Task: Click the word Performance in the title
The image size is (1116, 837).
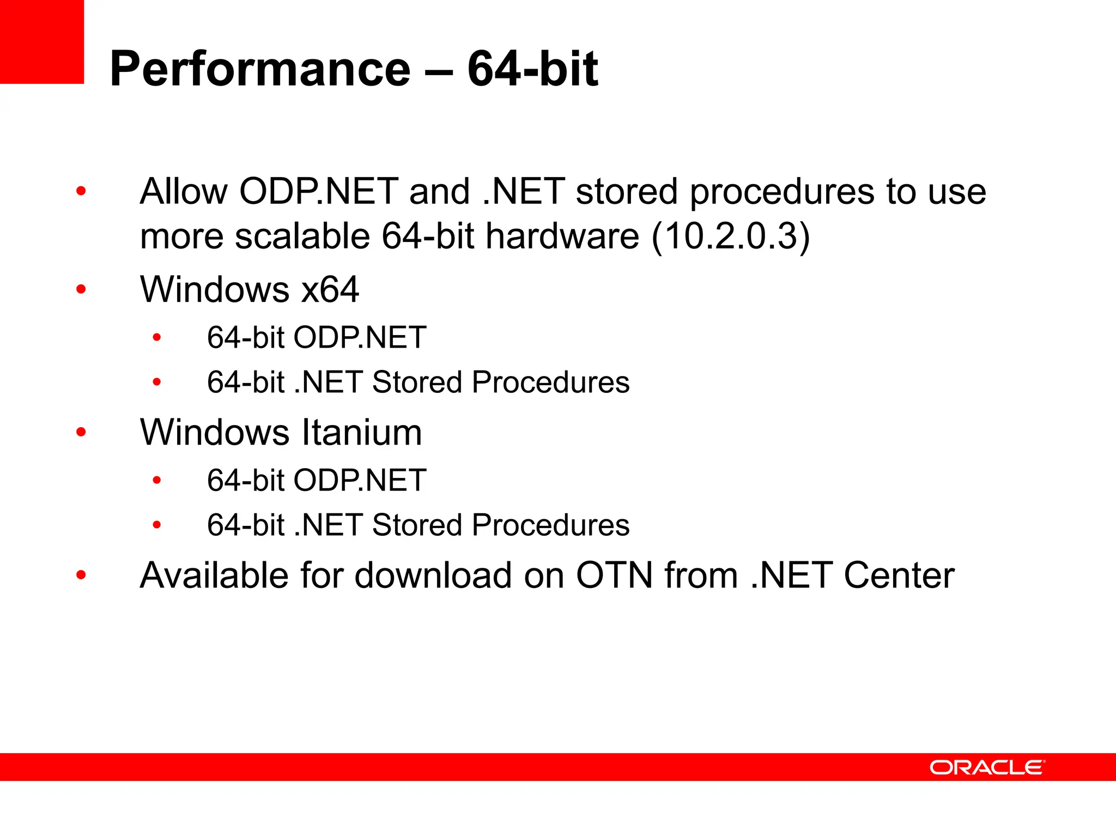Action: pos(260,69)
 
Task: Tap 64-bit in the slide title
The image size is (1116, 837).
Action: pos(532,69)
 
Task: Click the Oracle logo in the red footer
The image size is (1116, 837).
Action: pos(987,767)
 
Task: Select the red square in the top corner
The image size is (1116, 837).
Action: pos(42,41)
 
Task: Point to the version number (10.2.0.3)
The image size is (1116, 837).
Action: pos(731,236)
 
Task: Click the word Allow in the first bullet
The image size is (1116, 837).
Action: pos(184,192)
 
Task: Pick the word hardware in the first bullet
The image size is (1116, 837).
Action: pos(562,236)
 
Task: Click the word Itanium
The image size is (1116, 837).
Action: pos(362,433)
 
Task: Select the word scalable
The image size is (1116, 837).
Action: pos(302,236)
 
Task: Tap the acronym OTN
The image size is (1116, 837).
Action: pos(614,575)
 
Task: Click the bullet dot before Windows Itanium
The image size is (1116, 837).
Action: pos(81,433)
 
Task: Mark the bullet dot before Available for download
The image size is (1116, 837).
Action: pos(81,575)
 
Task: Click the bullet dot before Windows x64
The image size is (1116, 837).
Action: pos(81,289)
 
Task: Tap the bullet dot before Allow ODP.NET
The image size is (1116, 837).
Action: pos(81,191)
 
